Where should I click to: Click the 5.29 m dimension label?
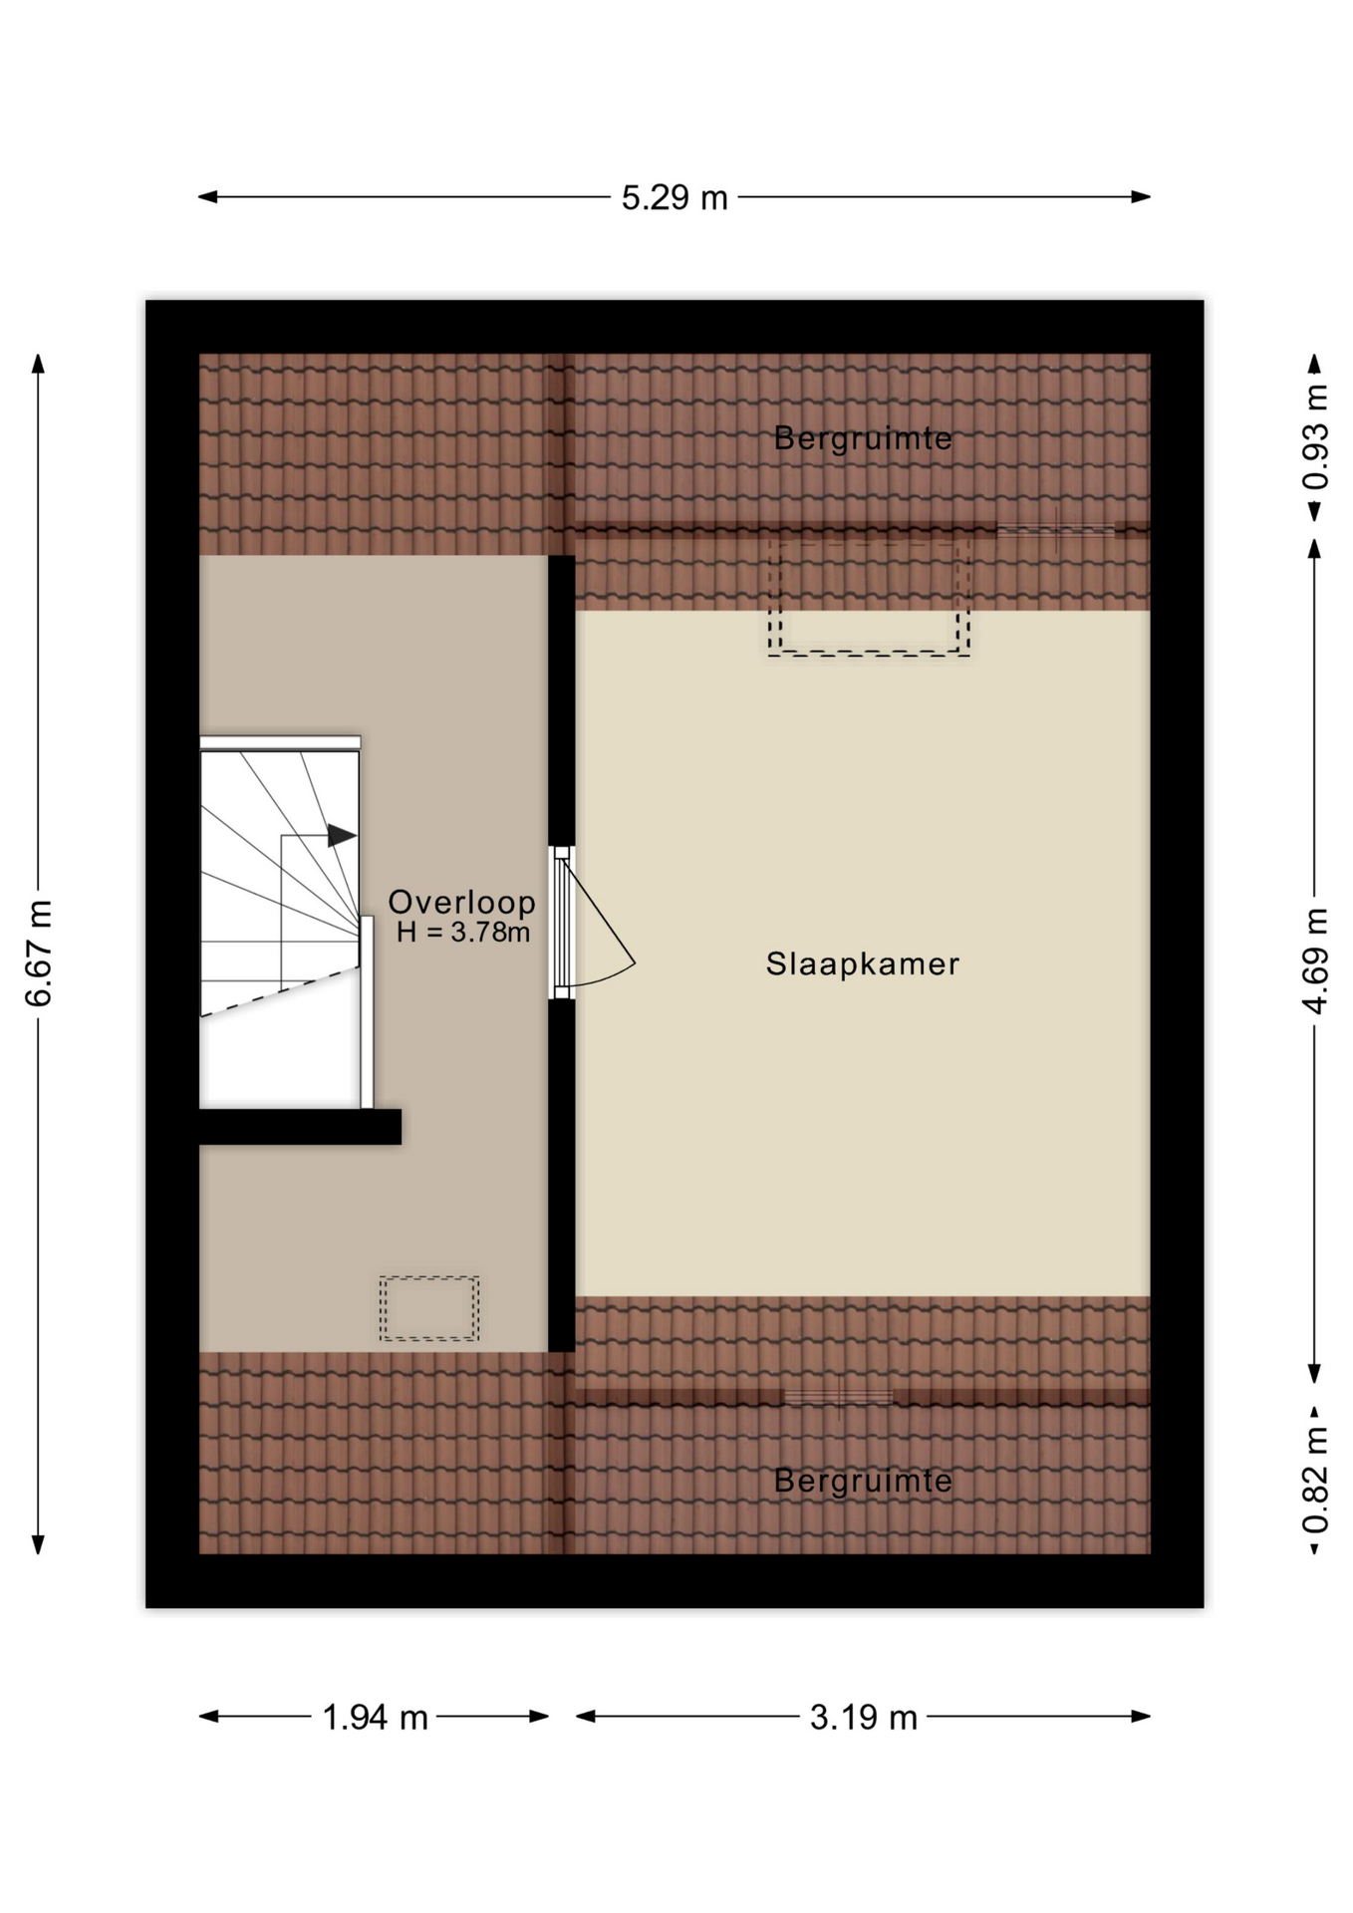click(x=675, y=197)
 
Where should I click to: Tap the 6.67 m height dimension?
click(x=38, y=954)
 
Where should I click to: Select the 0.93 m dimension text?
click(x=1315, y=436)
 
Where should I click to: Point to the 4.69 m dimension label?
click(x=1315, y=960)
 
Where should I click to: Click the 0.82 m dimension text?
click(x=1315, y=1480)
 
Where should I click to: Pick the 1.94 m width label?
click(x=375, y=1717)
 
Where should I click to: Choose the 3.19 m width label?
click(x=863, y=1717)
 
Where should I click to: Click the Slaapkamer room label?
click(x=863, y=963)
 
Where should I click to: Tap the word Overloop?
click(x=461, y=902)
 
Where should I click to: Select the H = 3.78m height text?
click(x=463, y=933)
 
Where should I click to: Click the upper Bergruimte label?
click(x=863, y=437)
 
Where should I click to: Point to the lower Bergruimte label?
click(x=863, y=1481)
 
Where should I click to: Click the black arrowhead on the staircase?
click(x=342, y=835)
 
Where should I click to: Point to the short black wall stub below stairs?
click(x=300, y=1127)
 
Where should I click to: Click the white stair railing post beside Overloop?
click(x=367, y=1011)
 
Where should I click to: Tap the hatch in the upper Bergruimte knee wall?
click(x=1056, y=529)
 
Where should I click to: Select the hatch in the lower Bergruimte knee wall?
click(x=839, y=1396)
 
